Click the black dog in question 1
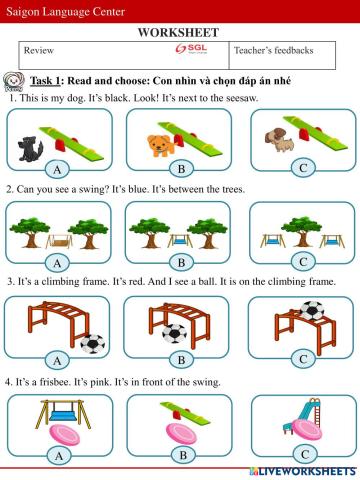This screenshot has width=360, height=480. click(30, 149)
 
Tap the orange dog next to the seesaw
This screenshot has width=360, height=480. click(161, 145)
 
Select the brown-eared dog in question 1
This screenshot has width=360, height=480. click(279, 139)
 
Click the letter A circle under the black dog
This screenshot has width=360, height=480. click(57, 169)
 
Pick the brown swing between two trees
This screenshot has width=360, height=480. click(59, 241)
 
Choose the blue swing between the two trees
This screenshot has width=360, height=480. click(180, 241)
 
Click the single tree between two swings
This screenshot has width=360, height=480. click(301, 231)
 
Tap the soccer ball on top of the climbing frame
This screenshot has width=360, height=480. click(312, 311)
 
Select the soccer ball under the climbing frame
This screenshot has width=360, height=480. click(174, 333)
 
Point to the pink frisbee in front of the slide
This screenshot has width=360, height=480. click(307, 429)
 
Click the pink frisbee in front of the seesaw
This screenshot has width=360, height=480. click(181, 433)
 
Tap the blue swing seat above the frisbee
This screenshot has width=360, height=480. click(63, 416)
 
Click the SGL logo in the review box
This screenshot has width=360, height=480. click(192, 49)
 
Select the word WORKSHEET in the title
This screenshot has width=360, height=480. click(179, 33)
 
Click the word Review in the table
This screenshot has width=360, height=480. click(39, 51)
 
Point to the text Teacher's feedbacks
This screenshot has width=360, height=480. click(273, 50)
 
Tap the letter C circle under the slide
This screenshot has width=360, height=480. click(305, 454)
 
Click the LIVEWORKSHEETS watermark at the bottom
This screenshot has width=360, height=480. click(303, 471)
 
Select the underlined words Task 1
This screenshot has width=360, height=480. click(45, 81)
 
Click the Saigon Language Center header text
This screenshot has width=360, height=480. click(65, 12)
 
